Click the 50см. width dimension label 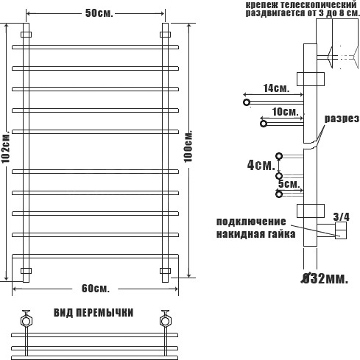(99, 13)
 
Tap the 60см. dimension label (96, 289)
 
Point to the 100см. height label (188, 147)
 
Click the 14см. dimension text (276, 88)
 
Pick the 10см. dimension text (285, 112)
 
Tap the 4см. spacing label (261, 165)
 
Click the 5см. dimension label (289, 184)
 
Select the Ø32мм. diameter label (325, 279)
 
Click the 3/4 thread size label (342, 216)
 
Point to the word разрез (342, 119)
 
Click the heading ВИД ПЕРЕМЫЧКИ (93, 313)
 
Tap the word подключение (251, 222)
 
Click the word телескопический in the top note (319, 4)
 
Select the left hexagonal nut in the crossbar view (26, 321)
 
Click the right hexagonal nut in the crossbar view (165, 321)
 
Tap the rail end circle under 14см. (247, 102)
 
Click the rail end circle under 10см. (264, 124)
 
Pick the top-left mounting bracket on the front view (26, 35)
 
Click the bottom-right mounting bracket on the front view (165, 271)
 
